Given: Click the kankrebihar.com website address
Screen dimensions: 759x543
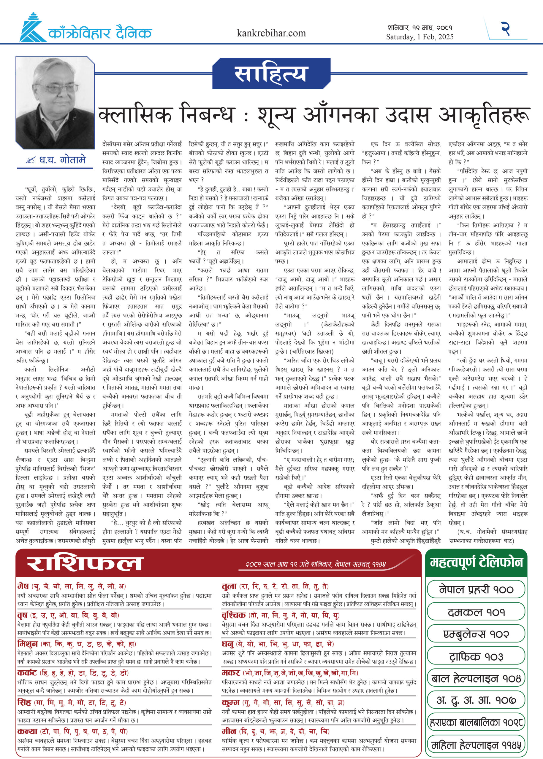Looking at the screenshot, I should (271, 33).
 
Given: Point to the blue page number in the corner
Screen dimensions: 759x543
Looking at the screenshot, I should (506, 28).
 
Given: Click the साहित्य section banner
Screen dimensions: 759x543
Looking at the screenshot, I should (270, 74).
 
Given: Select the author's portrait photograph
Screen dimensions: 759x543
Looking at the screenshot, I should (55, 102).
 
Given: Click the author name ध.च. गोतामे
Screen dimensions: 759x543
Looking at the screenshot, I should (62, 160).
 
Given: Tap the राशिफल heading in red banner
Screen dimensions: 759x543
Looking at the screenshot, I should (85, 563).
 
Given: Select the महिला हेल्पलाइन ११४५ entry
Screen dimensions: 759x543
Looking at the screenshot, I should (476, 745).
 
